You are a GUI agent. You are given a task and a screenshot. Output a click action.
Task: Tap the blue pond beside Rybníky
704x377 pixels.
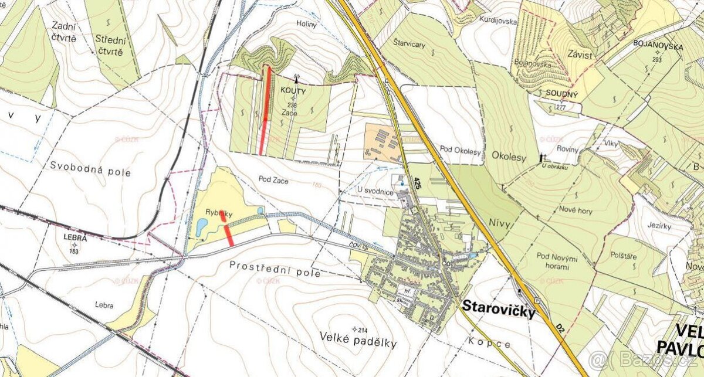pos(201,226)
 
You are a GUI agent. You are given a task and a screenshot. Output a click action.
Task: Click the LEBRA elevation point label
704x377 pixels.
pos(74,239)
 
